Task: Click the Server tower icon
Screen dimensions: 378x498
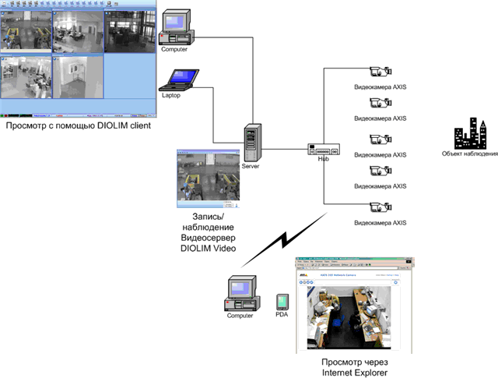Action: coord(251,142)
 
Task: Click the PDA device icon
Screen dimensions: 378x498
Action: coord(282,301)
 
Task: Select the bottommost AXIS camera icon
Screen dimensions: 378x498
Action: coord(378,207)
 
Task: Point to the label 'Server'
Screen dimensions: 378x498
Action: coord(251,166)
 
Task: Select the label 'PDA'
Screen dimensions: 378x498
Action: coord(282,316)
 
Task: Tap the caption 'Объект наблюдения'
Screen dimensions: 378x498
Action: coord(470,154)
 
